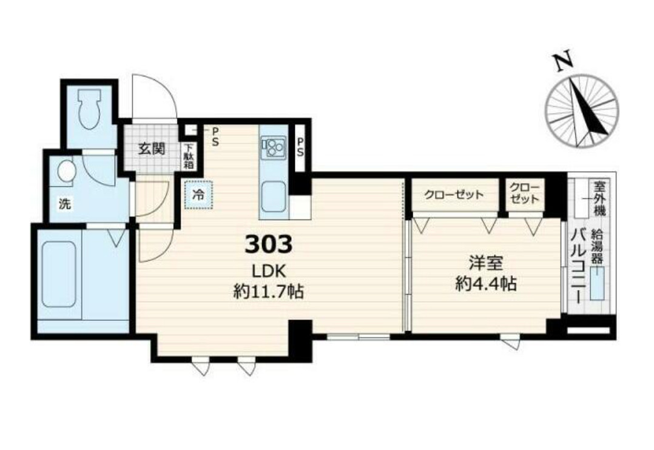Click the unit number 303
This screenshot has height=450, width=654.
(268, 244)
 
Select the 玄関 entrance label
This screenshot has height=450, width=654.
(152, 149)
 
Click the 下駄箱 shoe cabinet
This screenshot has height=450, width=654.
(189, 156)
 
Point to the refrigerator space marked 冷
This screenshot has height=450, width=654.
(198, 194)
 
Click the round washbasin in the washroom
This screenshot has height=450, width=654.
(66, 171)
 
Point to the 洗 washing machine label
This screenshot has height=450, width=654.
(65, 204)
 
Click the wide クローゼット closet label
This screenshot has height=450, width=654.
(454, 195)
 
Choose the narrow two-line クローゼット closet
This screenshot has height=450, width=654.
(525, 194)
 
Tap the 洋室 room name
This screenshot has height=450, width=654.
(486, 263)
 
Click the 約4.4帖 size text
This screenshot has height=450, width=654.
(486, 284)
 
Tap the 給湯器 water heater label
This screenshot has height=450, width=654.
(597, 246)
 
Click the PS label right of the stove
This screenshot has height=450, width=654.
(300, 147)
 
